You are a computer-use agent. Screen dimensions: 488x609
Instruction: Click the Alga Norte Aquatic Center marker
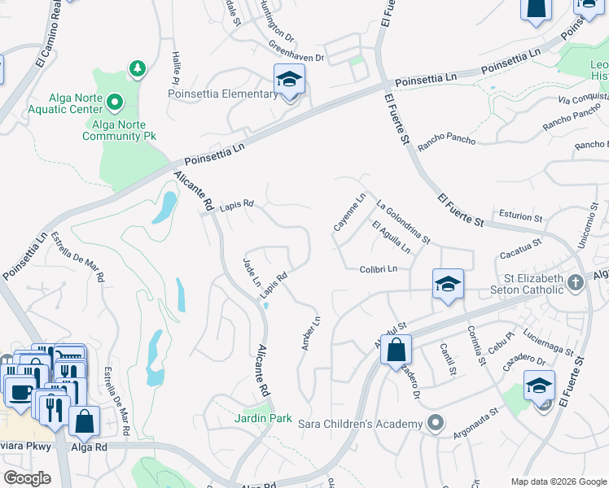tap(115, 102)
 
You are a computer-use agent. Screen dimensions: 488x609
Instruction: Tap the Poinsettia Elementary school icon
tap(289, 80)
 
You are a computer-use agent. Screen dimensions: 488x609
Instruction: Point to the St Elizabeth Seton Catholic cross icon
tap(576, 283)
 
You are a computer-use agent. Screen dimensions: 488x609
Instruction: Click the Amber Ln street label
tap(308, 333)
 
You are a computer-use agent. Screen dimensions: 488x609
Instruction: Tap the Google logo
tap(28, 478)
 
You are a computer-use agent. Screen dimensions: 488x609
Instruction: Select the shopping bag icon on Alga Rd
tap(85, 421)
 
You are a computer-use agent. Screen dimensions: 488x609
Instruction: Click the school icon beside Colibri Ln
tap(448, 284)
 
